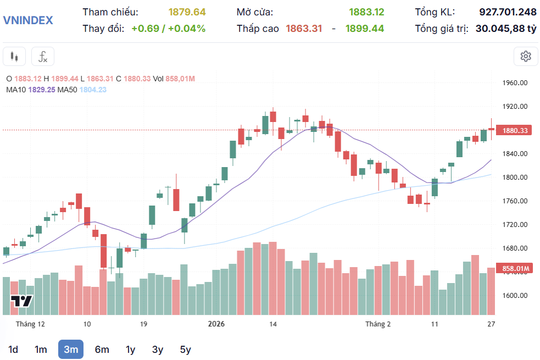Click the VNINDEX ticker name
(x=28, y=20)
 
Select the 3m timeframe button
(x=70, y=350)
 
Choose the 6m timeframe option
(x=102, y=350)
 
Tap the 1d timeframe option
(x=13, y=350)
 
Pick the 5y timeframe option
(x=185, y=350)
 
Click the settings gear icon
(x=525, y=56)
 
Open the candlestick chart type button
(x=14, y=56)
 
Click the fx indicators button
(x=43, y=56)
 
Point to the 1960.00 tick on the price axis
(x=515, y=83)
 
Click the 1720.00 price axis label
(x=515, y=225)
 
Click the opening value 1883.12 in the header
(x=366, y=12)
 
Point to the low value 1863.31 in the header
(x=304, y=28)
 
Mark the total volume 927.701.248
(x=508, y=12)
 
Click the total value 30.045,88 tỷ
(x=505, y=28)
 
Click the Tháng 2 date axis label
(x=378, y=324)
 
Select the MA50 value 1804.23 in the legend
(x=93, y=90)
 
